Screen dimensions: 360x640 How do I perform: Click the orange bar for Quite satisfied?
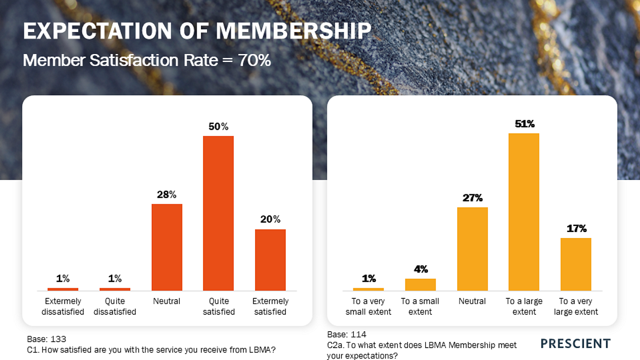218,213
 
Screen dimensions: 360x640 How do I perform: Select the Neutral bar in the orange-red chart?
166,247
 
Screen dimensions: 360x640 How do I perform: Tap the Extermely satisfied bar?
270,259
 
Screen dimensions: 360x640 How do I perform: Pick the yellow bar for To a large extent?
524,212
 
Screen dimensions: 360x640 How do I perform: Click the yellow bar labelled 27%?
472,249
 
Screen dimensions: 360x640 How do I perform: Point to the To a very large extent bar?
576,264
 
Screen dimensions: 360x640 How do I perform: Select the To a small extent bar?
420,285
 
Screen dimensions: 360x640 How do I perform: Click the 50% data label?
219,127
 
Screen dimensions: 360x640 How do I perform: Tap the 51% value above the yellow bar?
524,124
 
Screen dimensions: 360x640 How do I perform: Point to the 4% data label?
421,270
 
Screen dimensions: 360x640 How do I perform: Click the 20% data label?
270,219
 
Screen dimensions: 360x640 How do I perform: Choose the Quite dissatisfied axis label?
115,307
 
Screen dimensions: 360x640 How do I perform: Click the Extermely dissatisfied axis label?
63,307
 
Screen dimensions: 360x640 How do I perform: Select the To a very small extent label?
368,307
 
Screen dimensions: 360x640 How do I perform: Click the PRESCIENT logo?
576,344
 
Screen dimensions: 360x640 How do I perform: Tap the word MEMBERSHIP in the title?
293,31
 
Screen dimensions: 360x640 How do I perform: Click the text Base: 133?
47,339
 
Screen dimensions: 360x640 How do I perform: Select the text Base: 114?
347,334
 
